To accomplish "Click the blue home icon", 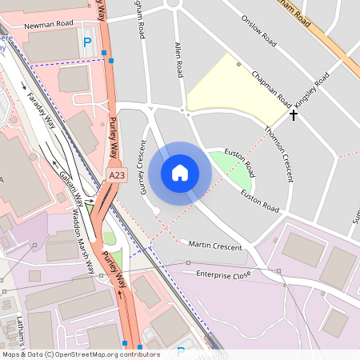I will tap(180, 172).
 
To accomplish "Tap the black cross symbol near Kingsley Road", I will tap(294, 115).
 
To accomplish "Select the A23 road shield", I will tap(117, 174).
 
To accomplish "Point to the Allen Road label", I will tap(178, 61).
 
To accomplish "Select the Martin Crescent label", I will tap(215, 246).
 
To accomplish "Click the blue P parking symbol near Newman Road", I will tap(87, 41).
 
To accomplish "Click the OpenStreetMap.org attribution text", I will tap(103, 354).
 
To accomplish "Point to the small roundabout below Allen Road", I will tap(184, 110).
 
